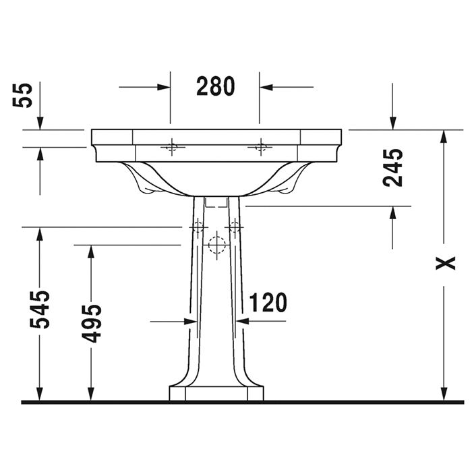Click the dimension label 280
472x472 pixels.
216,86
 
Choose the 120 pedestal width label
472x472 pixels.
268,303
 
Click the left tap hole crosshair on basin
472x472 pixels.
173,148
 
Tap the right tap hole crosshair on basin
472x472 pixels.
261,148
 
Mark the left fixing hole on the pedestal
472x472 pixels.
198,227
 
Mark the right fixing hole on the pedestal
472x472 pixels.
234,227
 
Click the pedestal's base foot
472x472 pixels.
216,393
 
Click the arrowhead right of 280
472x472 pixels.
266,87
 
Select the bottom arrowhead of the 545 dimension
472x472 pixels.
40,394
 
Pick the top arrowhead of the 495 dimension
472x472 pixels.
91,252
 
